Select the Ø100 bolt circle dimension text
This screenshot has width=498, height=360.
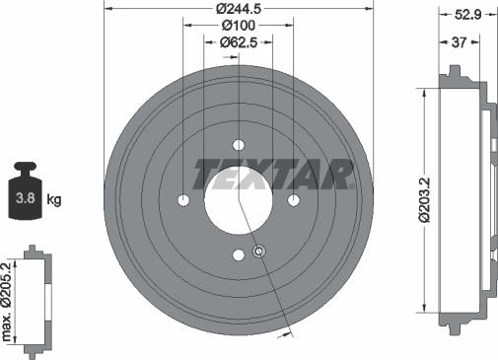239,25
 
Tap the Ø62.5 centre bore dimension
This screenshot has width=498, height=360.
239,41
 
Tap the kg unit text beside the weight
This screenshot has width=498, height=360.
55,200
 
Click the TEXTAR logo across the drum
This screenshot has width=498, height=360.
273,175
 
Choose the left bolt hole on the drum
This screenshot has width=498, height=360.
183,200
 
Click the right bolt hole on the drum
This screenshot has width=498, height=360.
294,200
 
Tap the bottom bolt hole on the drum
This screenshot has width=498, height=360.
238,255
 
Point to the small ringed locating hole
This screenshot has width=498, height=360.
258,252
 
